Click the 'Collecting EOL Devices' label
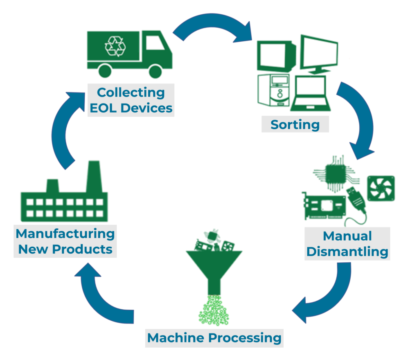coord(131,100)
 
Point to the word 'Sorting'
coord(295,124)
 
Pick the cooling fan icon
coord(381,188)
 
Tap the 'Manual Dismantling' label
coord(347,244)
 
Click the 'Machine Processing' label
coord(214,338)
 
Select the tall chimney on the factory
coord(94,176)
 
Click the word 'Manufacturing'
coord(65,234)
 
